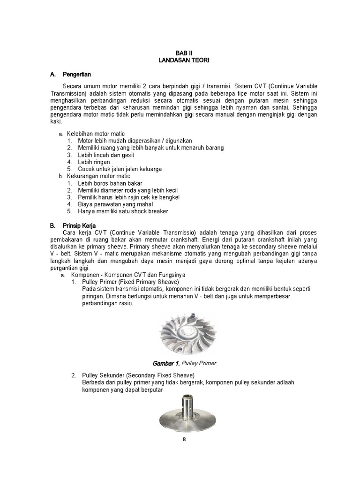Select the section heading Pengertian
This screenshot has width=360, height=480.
pos(77,75)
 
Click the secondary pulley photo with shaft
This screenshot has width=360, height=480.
pos(184,415)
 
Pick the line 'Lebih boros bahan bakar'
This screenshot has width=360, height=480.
pos(110,183)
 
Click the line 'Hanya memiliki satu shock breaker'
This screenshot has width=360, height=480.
pos(123,211)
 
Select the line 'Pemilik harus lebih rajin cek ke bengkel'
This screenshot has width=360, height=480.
pos(128,197)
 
